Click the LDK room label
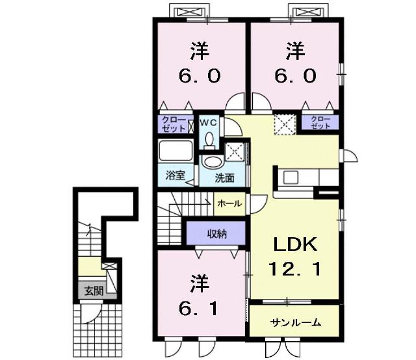pyautogui.click(x=294, y=245)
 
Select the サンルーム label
pyautogui.click(x=295, y=323)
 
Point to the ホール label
pyautogui.click(x=230, y=203)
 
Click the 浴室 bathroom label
pyautogui.click(x=175, y=175)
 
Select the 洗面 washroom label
pyautogui.click(x=225, y=177)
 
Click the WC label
pyautogui.click(x=208, y=122)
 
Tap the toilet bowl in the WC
pyautogui.click(x=209, y=138)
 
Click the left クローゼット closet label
pyautogui.click(x=174, y=124)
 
